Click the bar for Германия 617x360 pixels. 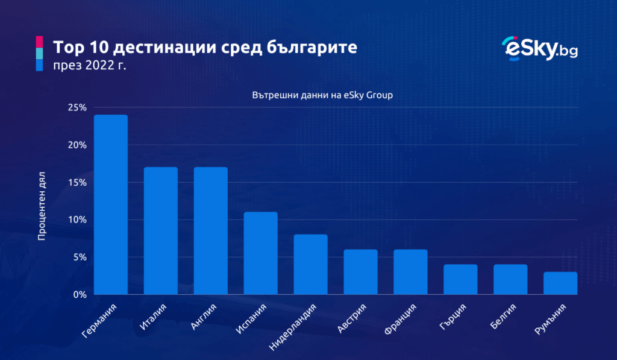(111, 205)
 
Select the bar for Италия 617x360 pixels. (161, 231)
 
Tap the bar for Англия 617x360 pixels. (211, 231)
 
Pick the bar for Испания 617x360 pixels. (261, 253)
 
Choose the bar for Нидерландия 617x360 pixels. (311, 265)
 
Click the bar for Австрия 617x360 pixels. (361, 272)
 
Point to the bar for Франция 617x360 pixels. (410, 272)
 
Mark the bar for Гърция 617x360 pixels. (460, 280)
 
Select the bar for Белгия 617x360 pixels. (510, 280)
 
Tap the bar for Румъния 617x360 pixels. (560, 283)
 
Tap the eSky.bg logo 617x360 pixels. (539, 49)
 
